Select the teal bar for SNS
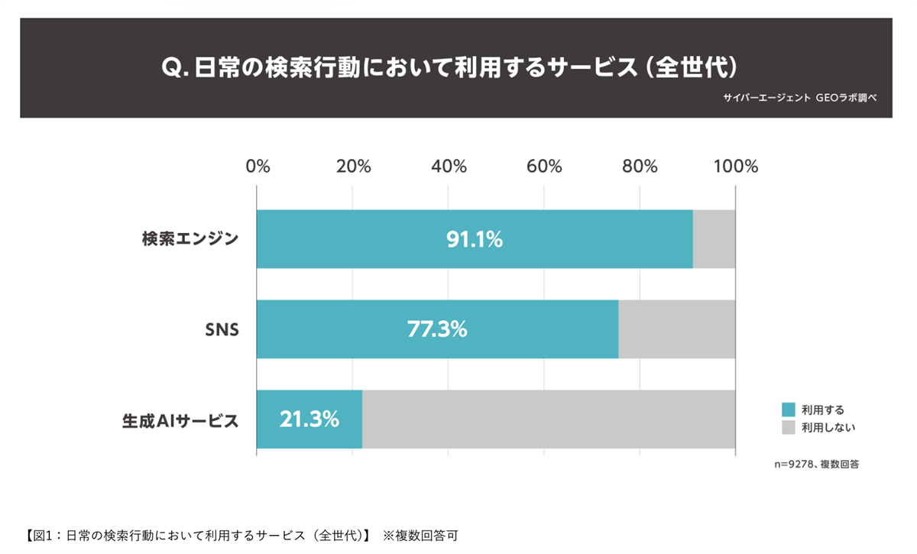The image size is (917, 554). click(344, 329)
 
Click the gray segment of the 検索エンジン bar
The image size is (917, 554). click(714, 239)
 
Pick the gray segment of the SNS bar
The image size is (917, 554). click(676, 329)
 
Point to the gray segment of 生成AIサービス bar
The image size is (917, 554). click(548, 420)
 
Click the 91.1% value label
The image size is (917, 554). click(475, 239)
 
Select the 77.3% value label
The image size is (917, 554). click(437, 329)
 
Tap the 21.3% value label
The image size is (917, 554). click(309, 420)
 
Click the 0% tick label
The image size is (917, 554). click(258, 167)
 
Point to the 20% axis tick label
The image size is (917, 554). click(352, 167)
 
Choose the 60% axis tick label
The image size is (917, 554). click(544, 167)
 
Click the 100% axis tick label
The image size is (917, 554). click(735, 167)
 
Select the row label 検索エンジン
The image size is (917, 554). click(190, 239)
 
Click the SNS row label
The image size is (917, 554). click(222, 330)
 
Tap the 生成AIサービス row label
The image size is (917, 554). click(180, 420)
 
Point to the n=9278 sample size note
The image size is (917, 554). click(816, 463)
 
